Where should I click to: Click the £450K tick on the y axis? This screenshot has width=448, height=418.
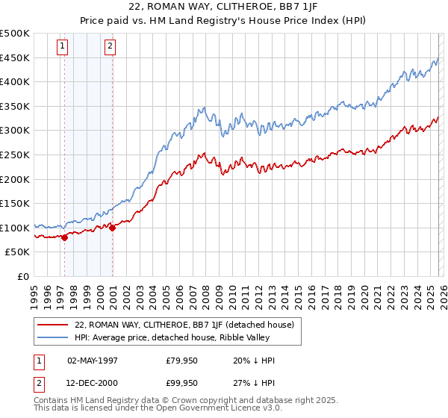point(15,57)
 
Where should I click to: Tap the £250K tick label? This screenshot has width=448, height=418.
point(15,155)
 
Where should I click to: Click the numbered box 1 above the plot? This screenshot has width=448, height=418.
point(62,46)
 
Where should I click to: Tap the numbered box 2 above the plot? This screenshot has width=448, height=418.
point(110,46)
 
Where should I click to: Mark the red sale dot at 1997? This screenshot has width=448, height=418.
point(64,237)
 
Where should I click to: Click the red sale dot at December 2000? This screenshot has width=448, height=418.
point(112,228)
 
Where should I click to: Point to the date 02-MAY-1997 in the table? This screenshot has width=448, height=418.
point(93,361)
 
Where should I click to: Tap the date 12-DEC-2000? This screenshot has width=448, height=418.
point(93,383)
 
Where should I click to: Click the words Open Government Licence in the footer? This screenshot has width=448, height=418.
point(212,410)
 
